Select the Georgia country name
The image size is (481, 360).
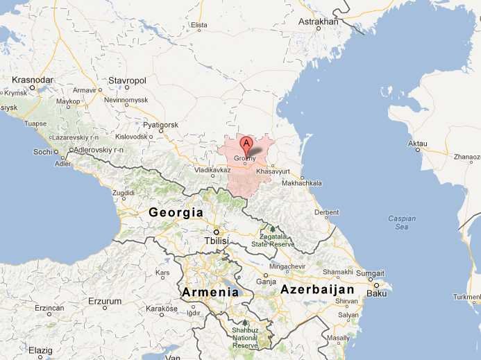coord(176,213)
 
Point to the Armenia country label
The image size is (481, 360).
coord(210,292)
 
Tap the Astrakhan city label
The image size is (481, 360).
coord(319,22)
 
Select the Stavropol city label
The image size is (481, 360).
coord(127,80)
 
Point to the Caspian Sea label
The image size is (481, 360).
coord(402,223)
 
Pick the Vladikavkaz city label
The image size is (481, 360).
coord(212,170)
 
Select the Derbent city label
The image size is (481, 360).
coord(326,212)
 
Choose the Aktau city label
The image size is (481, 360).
coord(417,145)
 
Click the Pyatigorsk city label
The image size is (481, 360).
coord(161,125)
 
